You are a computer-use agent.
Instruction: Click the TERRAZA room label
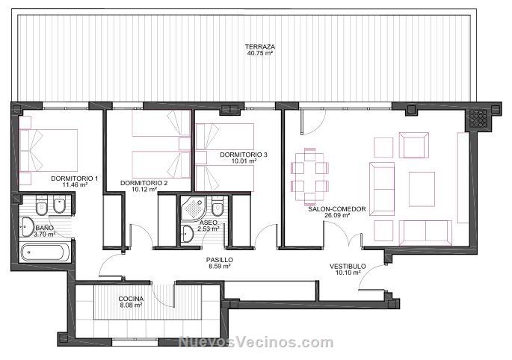260,46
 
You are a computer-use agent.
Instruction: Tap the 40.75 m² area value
260,52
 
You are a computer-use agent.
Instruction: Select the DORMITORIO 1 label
75,179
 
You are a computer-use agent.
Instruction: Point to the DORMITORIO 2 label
144,183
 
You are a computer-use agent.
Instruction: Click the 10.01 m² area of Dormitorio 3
244,161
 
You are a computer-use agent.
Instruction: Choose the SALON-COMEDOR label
337,209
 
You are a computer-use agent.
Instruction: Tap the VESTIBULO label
348,267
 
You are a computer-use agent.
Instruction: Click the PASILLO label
220,260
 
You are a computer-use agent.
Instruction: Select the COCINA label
131,299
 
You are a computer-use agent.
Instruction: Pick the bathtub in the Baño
45,252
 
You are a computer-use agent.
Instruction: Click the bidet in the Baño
60,204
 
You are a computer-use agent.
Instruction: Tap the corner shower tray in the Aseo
194,208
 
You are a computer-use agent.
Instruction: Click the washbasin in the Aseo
188,234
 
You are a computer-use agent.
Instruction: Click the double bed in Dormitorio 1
49,150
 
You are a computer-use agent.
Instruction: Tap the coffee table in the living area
422,189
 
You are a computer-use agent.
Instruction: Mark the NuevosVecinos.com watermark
256,342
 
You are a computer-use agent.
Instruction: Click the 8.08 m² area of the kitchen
131,305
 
